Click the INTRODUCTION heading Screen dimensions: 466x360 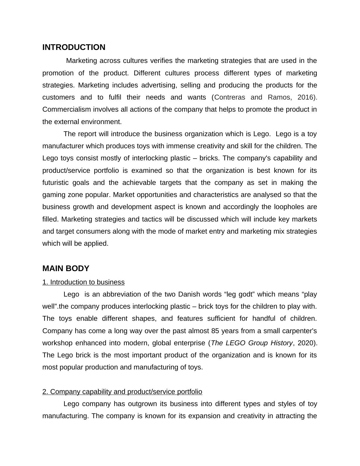[74, 48]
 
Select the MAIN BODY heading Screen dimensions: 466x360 [66, 269]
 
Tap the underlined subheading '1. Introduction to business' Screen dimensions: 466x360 [83, 282]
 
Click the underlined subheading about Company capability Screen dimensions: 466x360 [122, 392]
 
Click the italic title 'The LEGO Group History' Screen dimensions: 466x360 [252, 343]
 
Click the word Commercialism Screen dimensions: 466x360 [67, 110]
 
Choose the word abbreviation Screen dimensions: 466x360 [122, 294]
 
